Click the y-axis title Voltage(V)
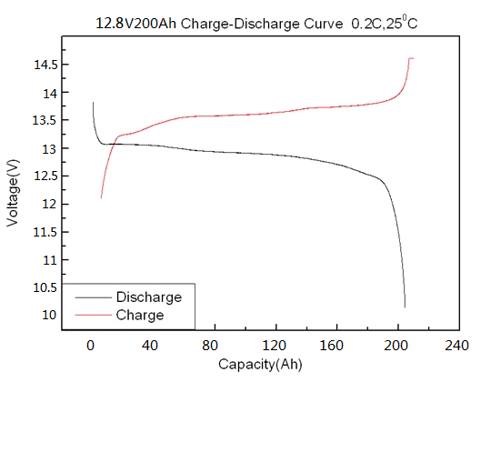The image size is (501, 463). coord(13,192)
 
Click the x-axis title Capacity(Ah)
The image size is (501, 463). coord(260,365)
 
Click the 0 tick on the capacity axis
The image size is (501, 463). coord(90,346)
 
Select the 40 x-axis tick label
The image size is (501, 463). coord(151,346)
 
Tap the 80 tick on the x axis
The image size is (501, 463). coord(212,346)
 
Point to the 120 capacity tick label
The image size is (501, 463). coord(274,346)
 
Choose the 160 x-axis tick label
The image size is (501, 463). coord(336,346)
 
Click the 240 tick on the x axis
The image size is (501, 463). coord(457,346)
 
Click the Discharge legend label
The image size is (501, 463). coord(149,297)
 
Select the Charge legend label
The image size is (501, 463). coord(140,315)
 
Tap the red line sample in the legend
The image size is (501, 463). coord(93,315)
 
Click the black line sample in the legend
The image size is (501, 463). coord(93,297)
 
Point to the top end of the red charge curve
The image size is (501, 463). coord(412,58)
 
